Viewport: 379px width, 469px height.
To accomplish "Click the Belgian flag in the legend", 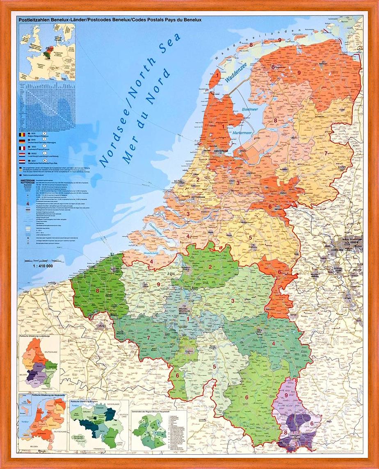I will point(22,134).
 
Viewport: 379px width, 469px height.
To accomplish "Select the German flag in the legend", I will point(22,141).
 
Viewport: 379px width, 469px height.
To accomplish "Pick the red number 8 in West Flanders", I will point(98,291).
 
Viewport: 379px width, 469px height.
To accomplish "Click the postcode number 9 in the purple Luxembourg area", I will point(285,395).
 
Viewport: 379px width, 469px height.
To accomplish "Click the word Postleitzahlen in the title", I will point(37,19).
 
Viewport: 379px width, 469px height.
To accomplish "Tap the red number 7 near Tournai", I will point(148,338).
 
